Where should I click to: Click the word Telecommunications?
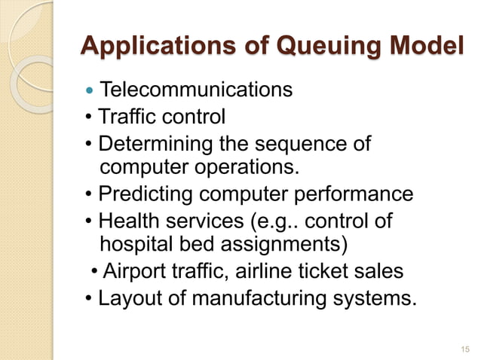point(196,90)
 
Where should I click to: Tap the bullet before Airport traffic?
point(93,271)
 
